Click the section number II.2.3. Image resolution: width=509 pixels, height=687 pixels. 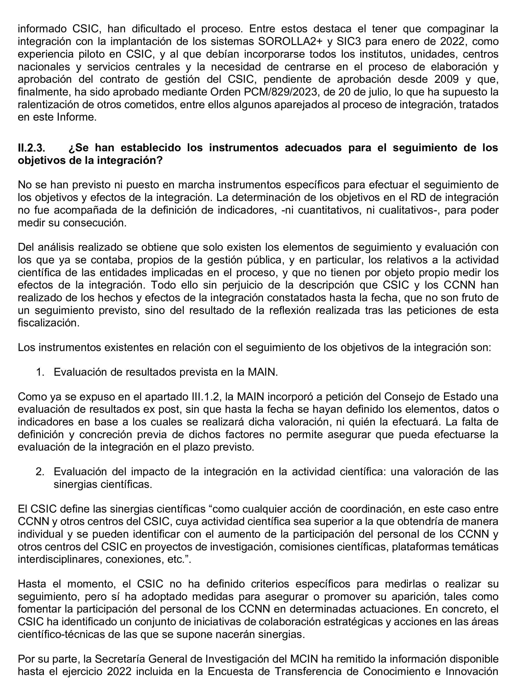[31, 148]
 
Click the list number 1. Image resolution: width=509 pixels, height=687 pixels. [40, 372]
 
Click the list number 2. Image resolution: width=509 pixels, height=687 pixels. [40, 471]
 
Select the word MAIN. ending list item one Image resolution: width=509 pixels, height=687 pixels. [263, 372]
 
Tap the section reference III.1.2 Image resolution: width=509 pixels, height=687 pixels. [203, 397]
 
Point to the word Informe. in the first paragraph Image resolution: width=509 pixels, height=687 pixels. [77, 117]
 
